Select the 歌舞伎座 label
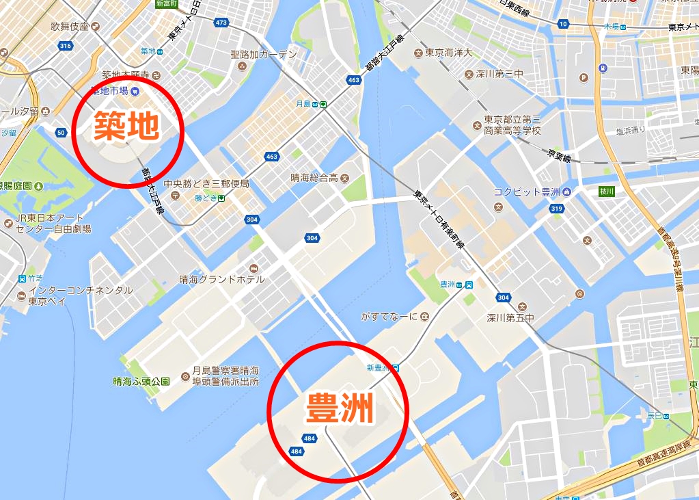70,27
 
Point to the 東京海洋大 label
448,53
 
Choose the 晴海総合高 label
314,178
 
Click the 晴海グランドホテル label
222,280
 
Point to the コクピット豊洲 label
526,192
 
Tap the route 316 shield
66,46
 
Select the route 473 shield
220,23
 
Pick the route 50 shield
61,133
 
